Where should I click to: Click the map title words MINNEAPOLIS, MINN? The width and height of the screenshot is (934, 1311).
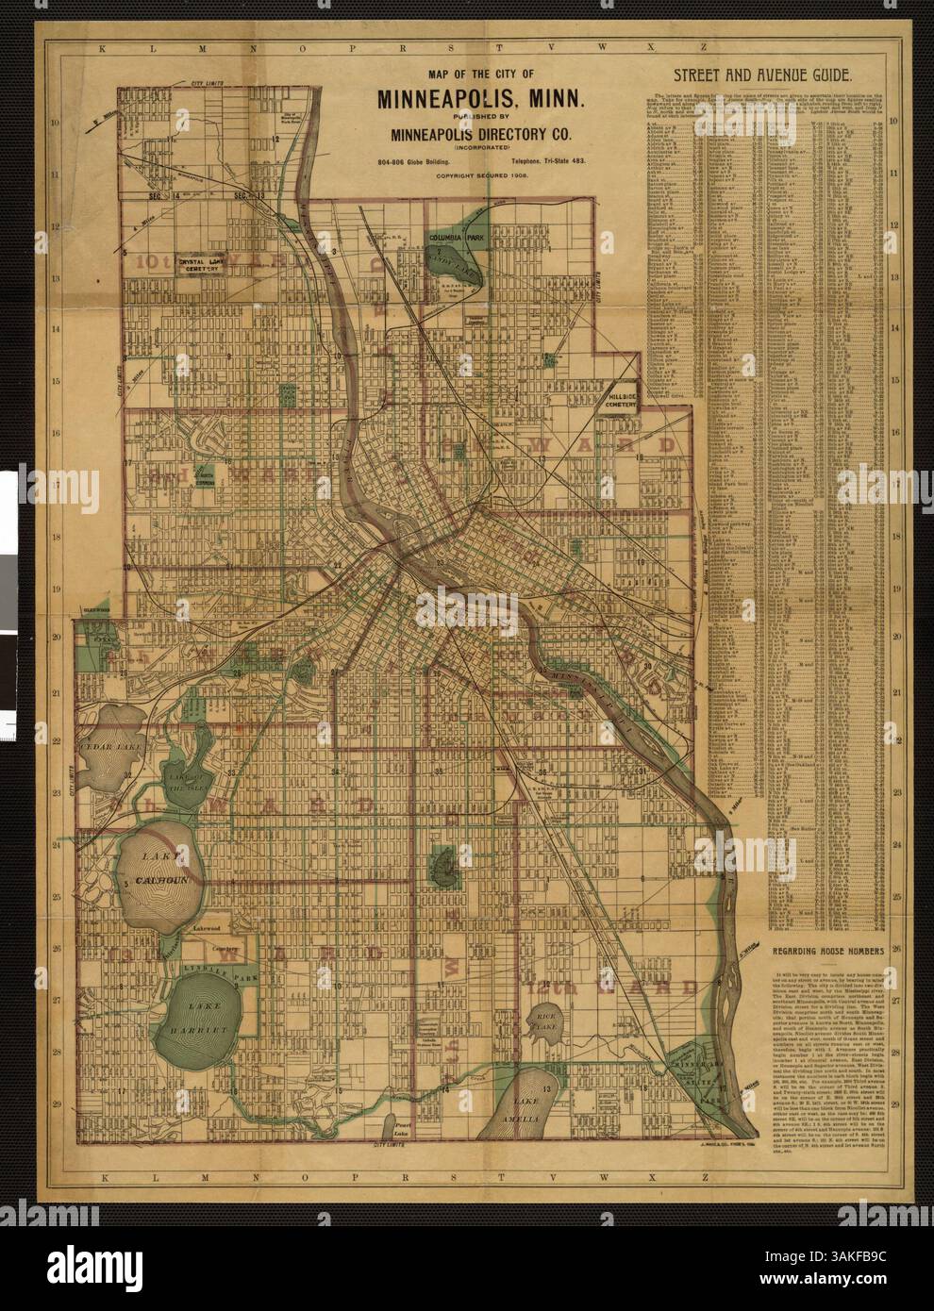point(482,97)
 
